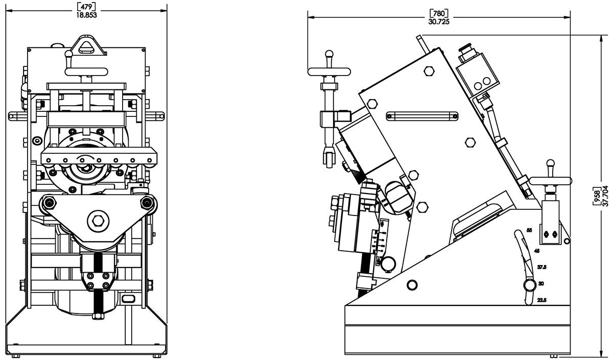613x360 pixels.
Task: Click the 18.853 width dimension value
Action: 86,15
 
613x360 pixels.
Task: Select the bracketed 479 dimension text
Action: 86,7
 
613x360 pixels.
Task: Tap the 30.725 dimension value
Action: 439,21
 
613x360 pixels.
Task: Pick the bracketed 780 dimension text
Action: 439,13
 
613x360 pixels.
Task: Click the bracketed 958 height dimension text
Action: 597,196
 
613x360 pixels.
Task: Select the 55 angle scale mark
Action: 529,231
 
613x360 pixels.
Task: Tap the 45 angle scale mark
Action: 536,251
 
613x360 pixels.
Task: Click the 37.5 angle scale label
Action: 542,267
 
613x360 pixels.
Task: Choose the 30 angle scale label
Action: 541,283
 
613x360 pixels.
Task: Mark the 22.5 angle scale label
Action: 542,300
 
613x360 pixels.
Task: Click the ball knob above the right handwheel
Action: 550,164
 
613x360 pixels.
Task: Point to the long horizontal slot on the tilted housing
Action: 421,116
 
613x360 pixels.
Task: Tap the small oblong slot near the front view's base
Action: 129,298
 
